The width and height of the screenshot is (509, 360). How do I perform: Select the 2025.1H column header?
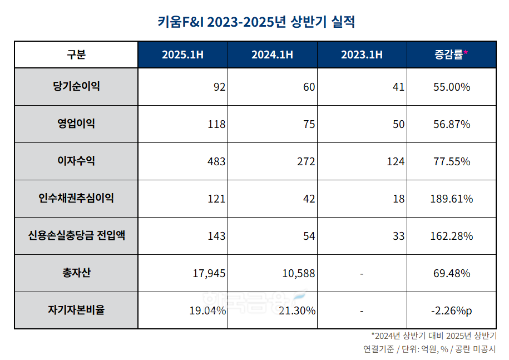tap(183, 55)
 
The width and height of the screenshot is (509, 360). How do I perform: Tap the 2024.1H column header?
tap(272, 55)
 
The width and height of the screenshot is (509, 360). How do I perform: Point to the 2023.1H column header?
tap(362, 55)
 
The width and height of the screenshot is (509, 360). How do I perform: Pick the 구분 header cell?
tap(76, 55)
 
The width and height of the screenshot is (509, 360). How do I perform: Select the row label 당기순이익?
tap(76, 86)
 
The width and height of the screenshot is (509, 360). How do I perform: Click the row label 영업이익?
tap(76, 124)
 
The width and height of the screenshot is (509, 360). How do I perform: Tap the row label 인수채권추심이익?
tap(76, 198)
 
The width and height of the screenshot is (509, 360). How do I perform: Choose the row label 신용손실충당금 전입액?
tap(76, 235)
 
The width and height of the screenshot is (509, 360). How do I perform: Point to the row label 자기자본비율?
tap(76, 310)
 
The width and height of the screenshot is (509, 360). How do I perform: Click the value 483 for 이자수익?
tap(216, 161)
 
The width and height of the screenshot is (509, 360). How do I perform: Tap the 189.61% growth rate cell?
tap(451, 199)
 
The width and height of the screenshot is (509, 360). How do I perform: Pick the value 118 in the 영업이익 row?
tap(216, 124)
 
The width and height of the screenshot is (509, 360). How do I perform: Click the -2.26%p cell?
tap(451, 310)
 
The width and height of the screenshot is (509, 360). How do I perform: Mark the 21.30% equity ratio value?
tap(297, 310)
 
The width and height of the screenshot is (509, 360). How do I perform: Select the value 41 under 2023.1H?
tap(398, 87)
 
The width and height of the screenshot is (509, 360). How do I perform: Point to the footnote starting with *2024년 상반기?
tap(434, 336)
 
